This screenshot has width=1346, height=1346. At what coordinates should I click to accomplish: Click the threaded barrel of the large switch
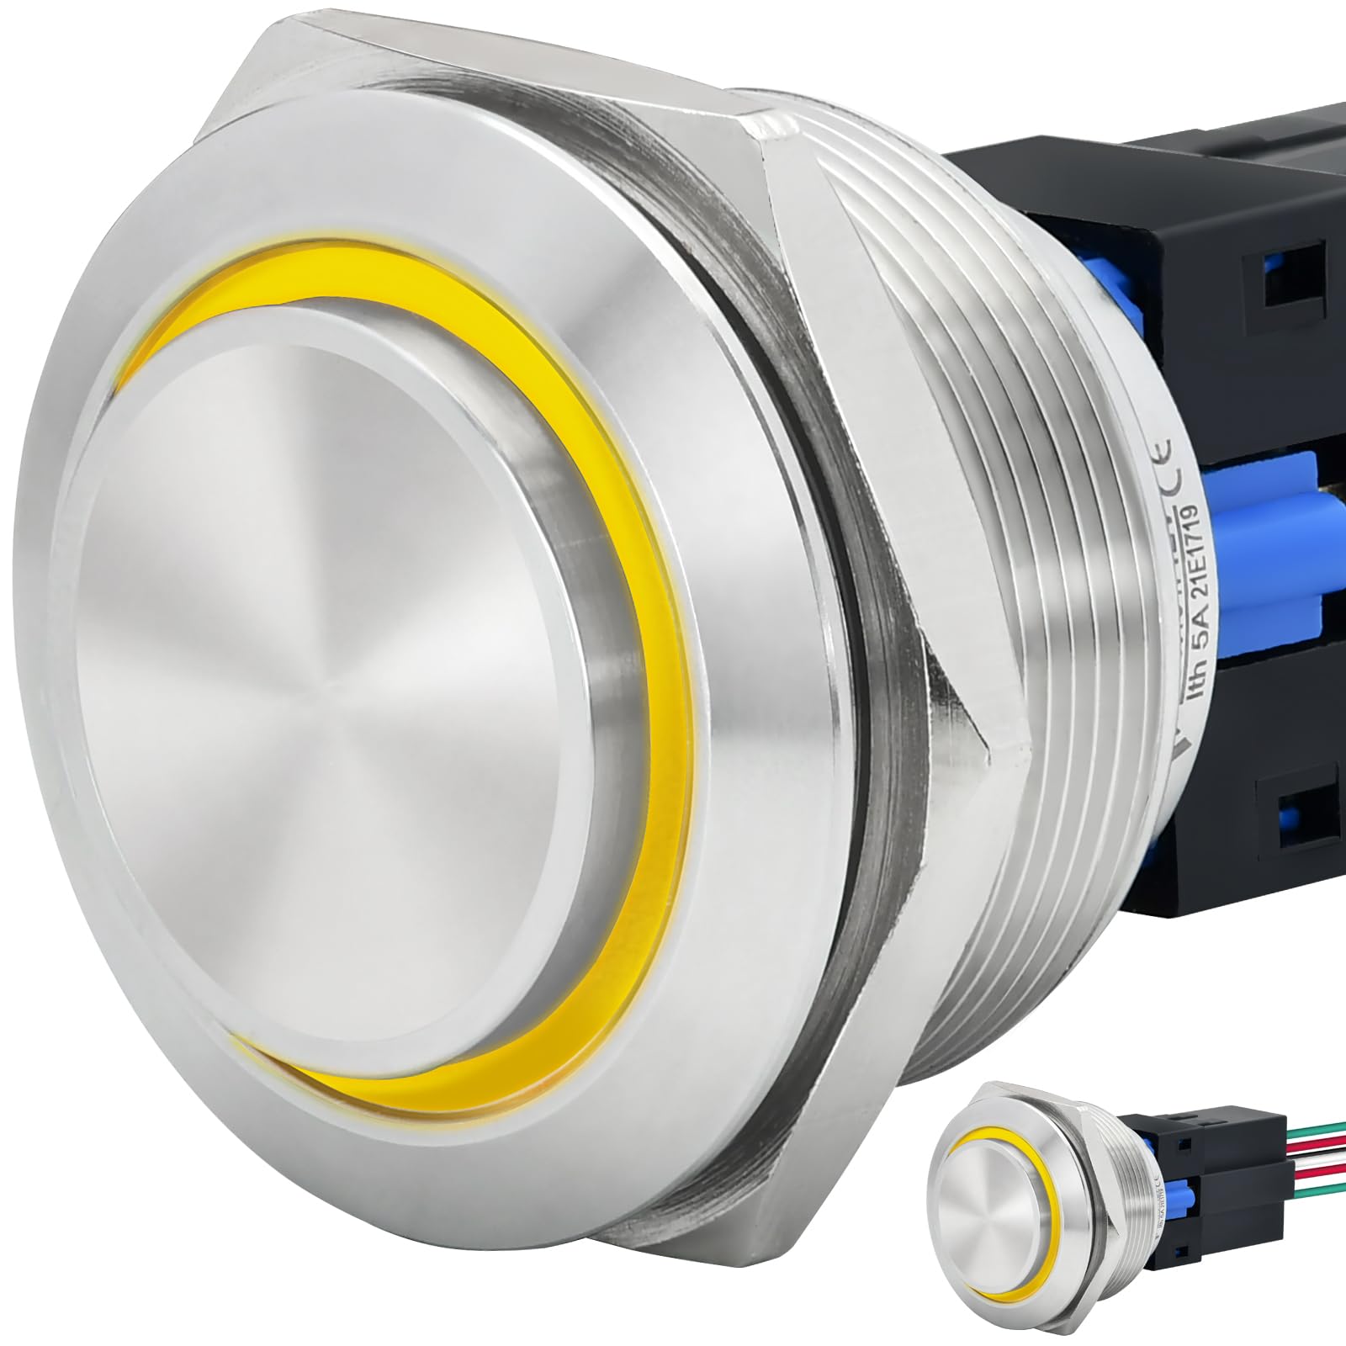pyautogui.click(x=1010, y=589)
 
